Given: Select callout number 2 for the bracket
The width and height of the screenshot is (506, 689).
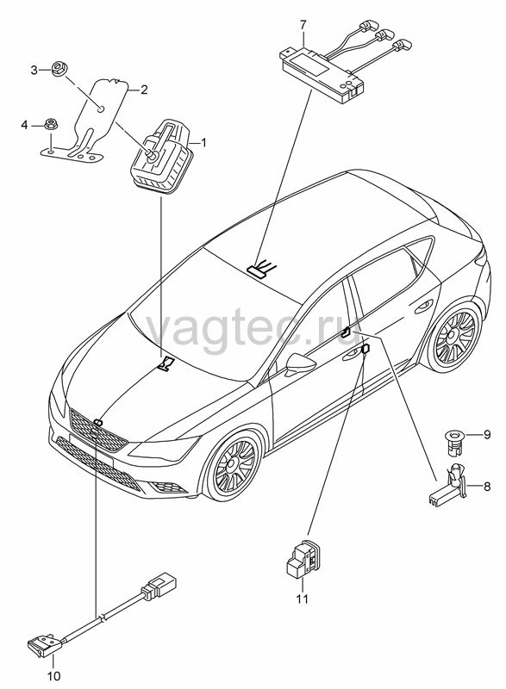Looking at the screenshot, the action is point(144,90).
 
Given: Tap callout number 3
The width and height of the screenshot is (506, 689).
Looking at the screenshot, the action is point(34,70).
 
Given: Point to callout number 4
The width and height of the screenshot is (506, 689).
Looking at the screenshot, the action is point(24,125).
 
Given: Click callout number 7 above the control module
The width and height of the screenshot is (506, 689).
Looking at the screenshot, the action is point(303,25).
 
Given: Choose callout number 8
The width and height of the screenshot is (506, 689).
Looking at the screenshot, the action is point(487,487).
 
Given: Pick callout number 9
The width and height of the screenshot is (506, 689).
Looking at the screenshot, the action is point(487,435).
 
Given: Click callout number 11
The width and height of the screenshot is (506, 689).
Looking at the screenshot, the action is point(302,599).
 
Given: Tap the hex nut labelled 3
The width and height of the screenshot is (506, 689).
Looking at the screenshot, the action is point(57,69).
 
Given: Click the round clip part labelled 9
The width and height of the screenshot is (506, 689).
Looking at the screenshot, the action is point(452,440).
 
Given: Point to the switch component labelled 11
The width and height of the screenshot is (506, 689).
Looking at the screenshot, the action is point(303,556).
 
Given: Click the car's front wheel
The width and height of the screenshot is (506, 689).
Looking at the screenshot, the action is point(232,465).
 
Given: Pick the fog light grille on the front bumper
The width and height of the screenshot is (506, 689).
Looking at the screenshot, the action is point(164,486).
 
